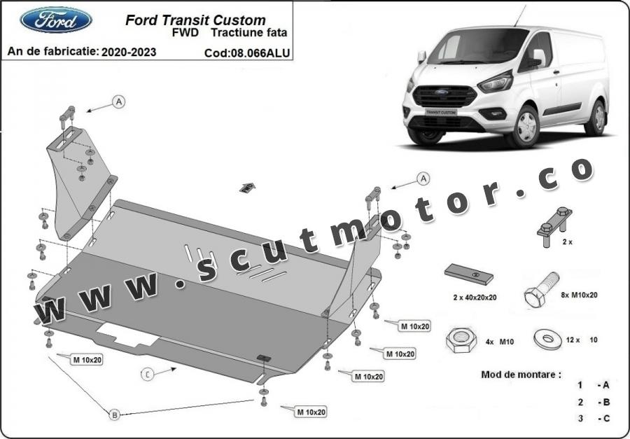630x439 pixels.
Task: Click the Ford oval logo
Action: coord(56,20)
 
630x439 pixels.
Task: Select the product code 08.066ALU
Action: coord(260,53)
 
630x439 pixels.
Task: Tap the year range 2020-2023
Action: coord(129,52)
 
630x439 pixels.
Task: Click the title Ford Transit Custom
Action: coord(195,20)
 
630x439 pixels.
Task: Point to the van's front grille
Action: coord(444,97)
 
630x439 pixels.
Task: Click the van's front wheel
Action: coord(525,126)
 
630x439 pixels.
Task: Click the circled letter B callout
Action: coord(115,414)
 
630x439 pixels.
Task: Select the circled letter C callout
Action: coord(148,375)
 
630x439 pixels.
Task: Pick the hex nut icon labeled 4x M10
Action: coord(461,340)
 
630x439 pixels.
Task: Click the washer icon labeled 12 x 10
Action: coord(547,339)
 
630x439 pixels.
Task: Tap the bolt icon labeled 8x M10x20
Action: coord(541,289)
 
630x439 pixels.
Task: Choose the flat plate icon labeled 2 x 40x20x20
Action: coord(469,274)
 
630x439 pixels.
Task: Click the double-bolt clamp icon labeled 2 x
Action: coord(554,227)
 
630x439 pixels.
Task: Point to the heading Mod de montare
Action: coord(521,375)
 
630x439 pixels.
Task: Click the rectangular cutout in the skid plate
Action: coord(127,334)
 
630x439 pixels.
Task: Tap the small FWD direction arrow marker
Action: coord(247,188)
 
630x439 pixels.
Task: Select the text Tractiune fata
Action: coord(249,33)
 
